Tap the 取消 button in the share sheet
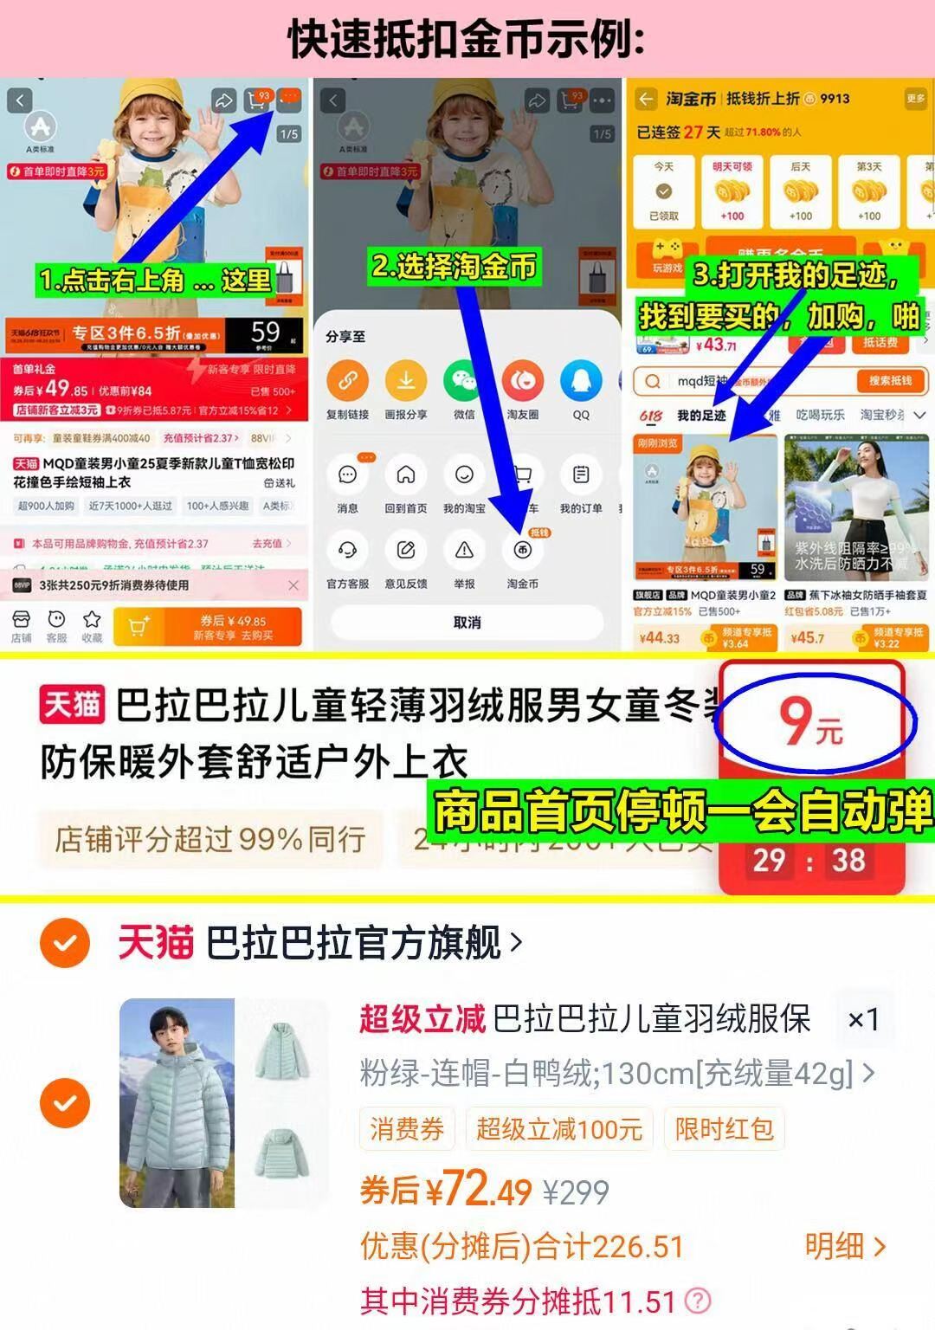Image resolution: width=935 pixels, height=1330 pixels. (467, 623)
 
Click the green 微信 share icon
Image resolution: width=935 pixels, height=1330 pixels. (465, 380)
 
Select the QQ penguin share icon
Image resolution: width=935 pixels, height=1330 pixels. (581, 380)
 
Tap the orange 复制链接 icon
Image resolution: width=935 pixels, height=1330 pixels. (347, 380)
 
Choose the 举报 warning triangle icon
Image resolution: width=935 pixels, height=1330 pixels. (465, 550)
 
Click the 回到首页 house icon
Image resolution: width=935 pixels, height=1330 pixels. (406, 475)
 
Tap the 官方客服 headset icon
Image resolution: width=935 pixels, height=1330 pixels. (347, 550)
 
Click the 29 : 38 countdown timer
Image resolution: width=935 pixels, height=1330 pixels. (809, 861)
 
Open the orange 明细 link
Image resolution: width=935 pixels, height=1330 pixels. (845, 1247)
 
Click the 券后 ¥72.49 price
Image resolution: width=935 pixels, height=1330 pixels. (446, 1191)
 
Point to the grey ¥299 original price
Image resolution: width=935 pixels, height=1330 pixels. (576, 1193)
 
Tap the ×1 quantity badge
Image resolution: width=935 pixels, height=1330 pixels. (863, 1019)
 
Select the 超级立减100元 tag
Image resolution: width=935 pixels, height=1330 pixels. (559, 1129)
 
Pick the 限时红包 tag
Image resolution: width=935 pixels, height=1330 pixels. (725, 1129)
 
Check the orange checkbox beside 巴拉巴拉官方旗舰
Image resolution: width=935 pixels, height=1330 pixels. (65, 943)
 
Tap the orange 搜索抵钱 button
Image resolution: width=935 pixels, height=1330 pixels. (891, 381)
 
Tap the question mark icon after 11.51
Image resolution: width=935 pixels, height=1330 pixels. (698, 1301)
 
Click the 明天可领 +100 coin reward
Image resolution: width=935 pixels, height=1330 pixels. (732, 191)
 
